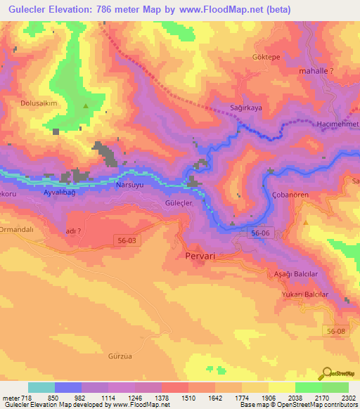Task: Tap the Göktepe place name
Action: (x=266, y=56)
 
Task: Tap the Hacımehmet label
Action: (x=338, y=124)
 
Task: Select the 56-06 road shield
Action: (x=260, y=232)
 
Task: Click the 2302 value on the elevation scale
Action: (x=347, y=398)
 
